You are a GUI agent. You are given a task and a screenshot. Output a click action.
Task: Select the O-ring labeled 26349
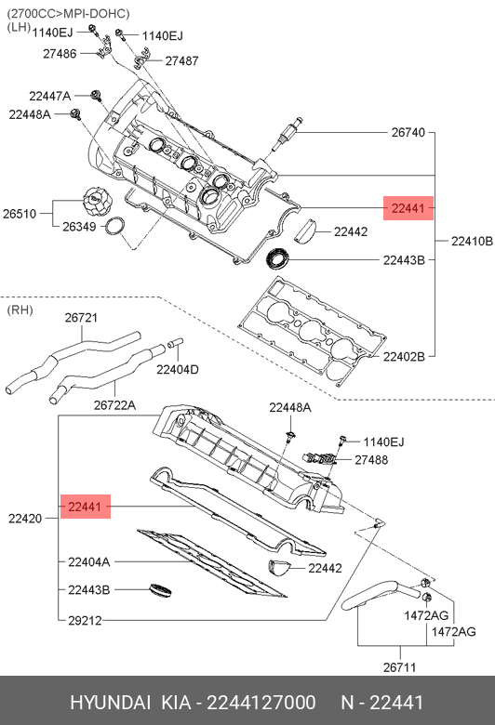(115, 226)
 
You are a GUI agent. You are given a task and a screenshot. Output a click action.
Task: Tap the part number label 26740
(408, 132)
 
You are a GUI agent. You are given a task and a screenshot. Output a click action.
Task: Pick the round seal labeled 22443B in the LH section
(278, 258)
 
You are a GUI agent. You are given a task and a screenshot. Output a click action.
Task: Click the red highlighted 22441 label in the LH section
(408, 208)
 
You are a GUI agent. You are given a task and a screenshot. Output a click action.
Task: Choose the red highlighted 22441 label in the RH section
(86, 507)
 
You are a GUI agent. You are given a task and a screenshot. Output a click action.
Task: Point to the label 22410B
(472, 241)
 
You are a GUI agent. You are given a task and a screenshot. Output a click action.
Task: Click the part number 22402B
(404, 357)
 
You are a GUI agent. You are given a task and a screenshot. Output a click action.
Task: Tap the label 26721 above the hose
(81, 318)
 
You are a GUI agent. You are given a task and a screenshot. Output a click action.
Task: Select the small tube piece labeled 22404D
(176, 343)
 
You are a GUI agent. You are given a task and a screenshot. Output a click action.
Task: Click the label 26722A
(114, 405)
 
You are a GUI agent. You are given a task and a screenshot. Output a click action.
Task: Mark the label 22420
(25, 519)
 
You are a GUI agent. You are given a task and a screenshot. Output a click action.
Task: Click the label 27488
(371, 459)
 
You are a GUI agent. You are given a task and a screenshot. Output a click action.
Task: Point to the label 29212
(85, 620)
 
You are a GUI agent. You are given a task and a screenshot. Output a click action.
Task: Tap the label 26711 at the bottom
(399, 667)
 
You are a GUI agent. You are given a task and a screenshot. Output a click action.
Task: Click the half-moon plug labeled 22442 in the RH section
(280, 567)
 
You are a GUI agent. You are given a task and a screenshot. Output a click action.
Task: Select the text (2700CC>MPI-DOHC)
(68, 13)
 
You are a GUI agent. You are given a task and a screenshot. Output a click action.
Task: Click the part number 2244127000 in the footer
(261, 703)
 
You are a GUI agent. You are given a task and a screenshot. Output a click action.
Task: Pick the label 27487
(182, 60)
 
